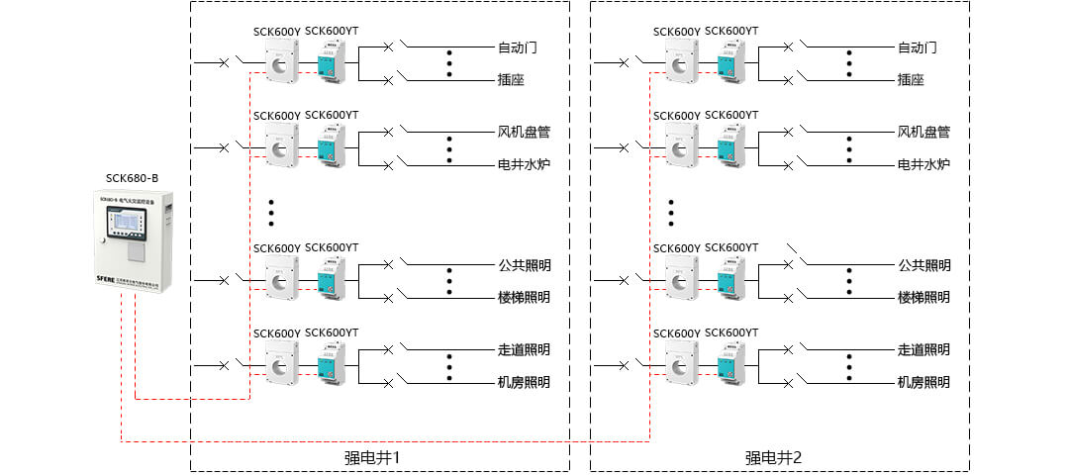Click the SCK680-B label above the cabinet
pyautogui.click(x=132, y=178)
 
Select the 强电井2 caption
pyautogui.click(x=773, y=457)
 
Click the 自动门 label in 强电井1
pyautogui.click(x=518, y=48)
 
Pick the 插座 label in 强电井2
pyautogui.click(x=911, y=80)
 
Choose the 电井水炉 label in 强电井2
pyautogui.click(x=923, y=164)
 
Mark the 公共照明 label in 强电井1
pyautogui.click(x=524, y=265)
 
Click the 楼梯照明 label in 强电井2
pyautogui.click(x=923, y=297)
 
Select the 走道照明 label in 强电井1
pyautogui.click(x=524, y=349)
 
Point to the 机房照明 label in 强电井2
pyautogui.click(x=923, y=382)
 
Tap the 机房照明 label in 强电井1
pyautogui.click(x=524, y=382)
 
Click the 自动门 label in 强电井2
pyautogui.click(x=917, y=48)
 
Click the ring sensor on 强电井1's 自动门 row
pyautogui.click(x=280, y=64)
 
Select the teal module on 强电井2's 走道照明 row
pyautogui.click(x=731, y=361)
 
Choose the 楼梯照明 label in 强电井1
pyautogui.click(x=524, y=297)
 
